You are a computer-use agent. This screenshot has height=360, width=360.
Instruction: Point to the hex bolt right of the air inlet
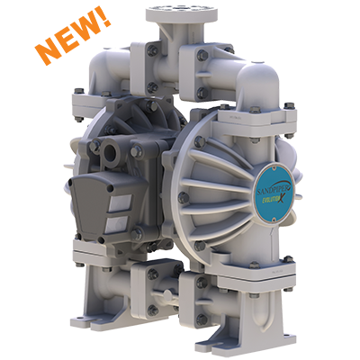coord(136,152)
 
